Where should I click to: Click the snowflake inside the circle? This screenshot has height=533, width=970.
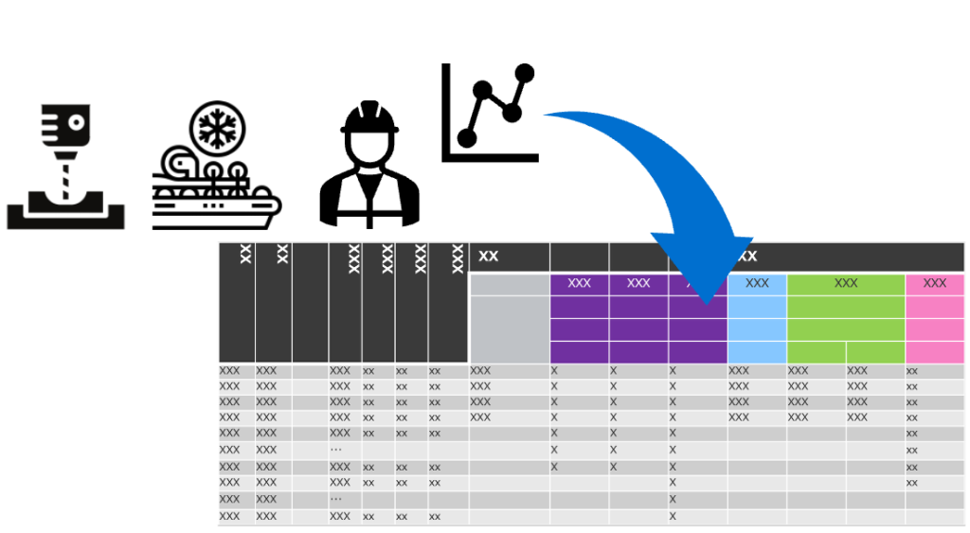coord(217,129)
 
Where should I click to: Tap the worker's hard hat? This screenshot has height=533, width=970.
coord(369,118)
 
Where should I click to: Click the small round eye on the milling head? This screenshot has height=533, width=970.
coord(77,122)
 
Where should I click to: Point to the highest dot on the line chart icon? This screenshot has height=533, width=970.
coord(524,73)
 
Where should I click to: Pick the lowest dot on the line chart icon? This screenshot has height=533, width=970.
coord(466,138)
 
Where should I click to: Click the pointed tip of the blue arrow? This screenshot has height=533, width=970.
coord(707,304)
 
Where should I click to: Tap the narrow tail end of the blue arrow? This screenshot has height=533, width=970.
coord(545,115)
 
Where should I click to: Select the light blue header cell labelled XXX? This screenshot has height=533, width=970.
coord(757,284)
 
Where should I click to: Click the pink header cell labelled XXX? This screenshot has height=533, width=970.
coord(934,284)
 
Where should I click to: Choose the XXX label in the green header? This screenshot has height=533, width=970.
coord(846,283)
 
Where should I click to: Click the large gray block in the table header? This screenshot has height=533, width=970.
coord(510,318)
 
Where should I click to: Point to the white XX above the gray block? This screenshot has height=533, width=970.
coord(488,256)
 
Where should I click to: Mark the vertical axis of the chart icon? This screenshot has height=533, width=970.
coord(445,113)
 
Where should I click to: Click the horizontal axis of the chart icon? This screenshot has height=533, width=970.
coord(490,158)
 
